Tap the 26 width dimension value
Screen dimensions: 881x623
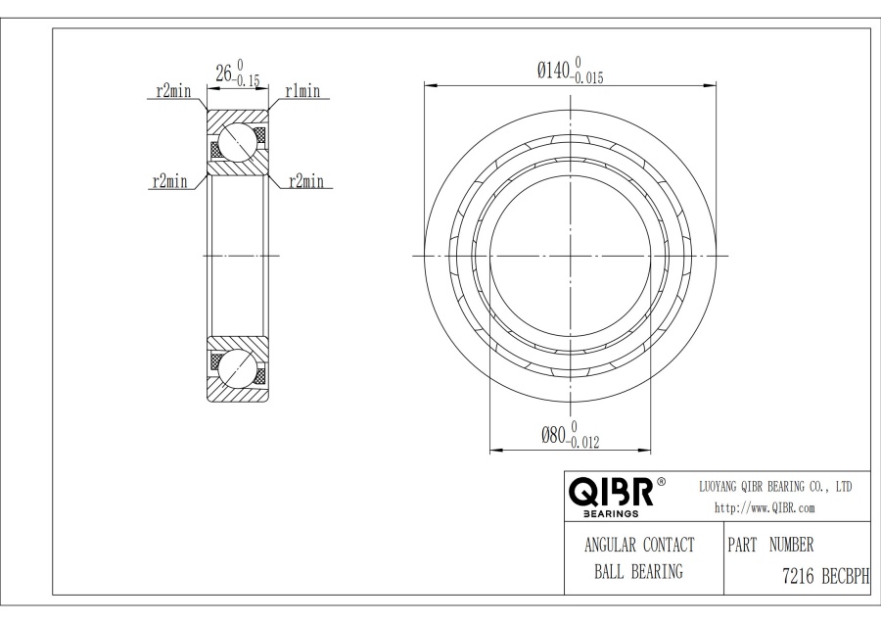pos(223,73)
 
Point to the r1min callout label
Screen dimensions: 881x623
pos(302,90)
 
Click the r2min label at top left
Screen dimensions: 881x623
pos(173,90)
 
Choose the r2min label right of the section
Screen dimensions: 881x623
pos(306,181)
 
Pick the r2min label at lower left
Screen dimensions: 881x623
pos(169,181)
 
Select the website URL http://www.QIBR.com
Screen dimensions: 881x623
pos(765,507)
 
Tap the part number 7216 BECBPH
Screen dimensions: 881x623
pos(825,576)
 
